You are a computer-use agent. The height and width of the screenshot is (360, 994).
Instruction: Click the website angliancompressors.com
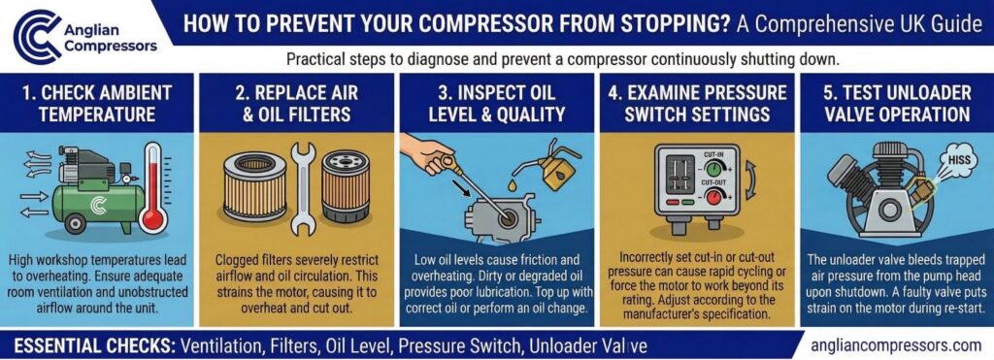pos(895,344)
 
